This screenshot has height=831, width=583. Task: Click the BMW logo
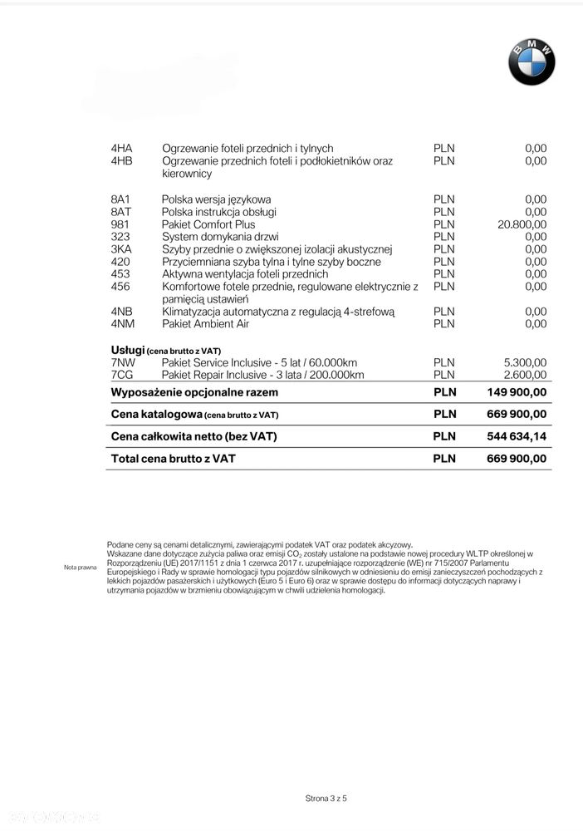point(532,61)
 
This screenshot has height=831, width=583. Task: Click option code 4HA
point(121,149)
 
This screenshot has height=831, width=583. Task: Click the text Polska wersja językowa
point(216,199)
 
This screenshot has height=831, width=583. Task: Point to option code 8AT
point(121,212)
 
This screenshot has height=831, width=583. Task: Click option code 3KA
point(121,249)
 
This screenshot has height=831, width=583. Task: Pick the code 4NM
point(122,324)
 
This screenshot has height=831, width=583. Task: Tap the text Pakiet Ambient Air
point(205,324)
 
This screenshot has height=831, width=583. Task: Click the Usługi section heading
point(129,350)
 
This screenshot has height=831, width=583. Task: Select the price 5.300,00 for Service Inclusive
point(525,362)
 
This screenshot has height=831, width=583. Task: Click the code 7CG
point(122,375)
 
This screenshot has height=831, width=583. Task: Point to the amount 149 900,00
point(517,392)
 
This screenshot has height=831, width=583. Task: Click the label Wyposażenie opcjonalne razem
point(194,392)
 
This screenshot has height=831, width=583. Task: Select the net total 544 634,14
point(517,436)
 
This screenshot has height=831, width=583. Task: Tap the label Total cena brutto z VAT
point(173,458)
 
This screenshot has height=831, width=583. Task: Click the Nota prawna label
point(81,568)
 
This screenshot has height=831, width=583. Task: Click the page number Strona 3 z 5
point(326,799)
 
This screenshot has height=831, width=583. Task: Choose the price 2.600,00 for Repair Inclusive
point(525,375)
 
